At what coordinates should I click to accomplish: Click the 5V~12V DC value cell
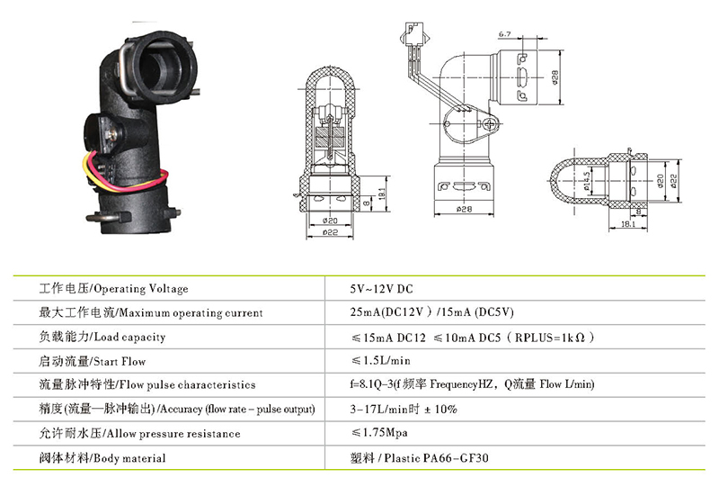[x=381, y=289]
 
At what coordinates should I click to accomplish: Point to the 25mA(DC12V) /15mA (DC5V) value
[x=431, y=312]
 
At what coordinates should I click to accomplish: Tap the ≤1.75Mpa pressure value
[x=379, y=433]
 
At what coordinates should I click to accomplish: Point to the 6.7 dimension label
[x=505, y=34]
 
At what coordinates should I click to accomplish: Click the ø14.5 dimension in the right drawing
[x=587, y=181]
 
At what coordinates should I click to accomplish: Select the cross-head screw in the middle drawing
[x=490, y=124]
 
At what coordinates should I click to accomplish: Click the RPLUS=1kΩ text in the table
[x=550, y=338]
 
